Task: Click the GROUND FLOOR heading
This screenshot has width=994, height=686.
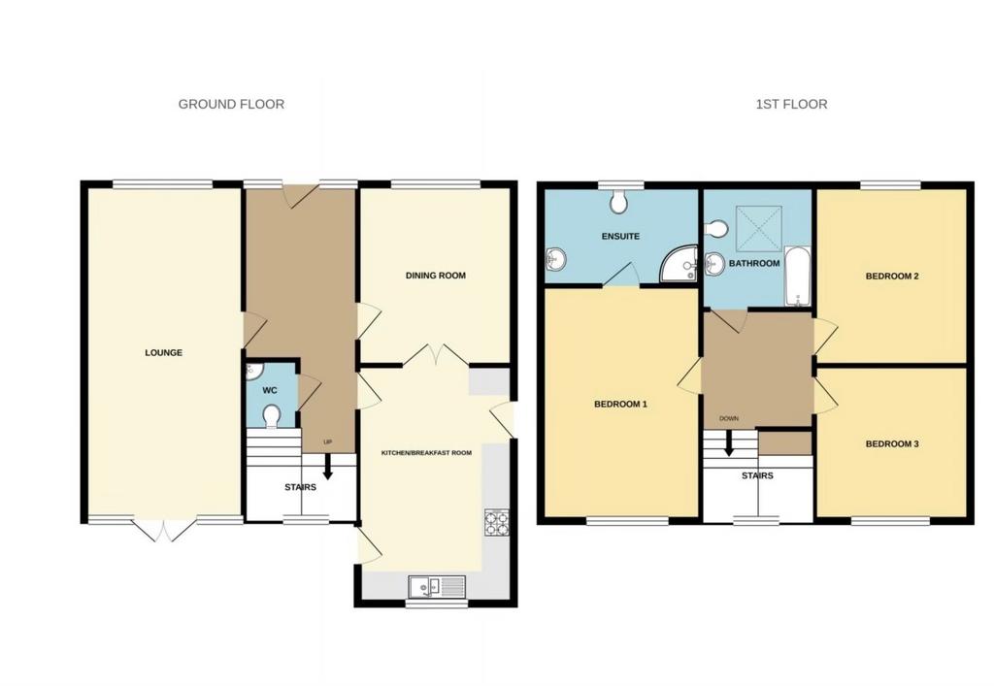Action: coord(231,104)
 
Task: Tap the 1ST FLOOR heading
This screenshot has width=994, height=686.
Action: coord(791,104)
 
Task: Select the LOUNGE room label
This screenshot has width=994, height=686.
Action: coord(163,353)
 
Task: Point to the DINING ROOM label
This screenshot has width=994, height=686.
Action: coord(436,276)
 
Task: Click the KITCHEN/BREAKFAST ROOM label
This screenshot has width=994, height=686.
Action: coord(426,453)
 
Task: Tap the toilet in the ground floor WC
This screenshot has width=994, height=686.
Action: coord(272,416)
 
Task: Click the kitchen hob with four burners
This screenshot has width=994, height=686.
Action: coord(496,523)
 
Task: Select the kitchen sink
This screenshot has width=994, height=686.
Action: coord(437,586)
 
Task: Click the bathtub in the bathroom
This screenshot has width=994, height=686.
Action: coord(798,277)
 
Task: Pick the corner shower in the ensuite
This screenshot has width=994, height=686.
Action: coord(679,264)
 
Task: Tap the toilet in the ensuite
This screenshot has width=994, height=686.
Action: coord(618,202)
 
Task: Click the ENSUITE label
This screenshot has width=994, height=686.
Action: coord(620,237)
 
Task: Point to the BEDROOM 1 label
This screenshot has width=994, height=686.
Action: coord(620,404)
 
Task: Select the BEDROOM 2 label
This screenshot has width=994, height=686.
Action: coord(893,277)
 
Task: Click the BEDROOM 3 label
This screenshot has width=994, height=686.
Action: coord(892,444)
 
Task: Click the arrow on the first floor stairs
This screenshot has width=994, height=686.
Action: coord(729,443)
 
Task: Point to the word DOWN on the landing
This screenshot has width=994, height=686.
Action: coord(729,419)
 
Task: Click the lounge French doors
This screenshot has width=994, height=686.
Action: coord(164,531)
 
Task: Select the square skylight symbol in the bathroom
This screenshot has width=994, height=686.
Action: coord(759,228)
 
